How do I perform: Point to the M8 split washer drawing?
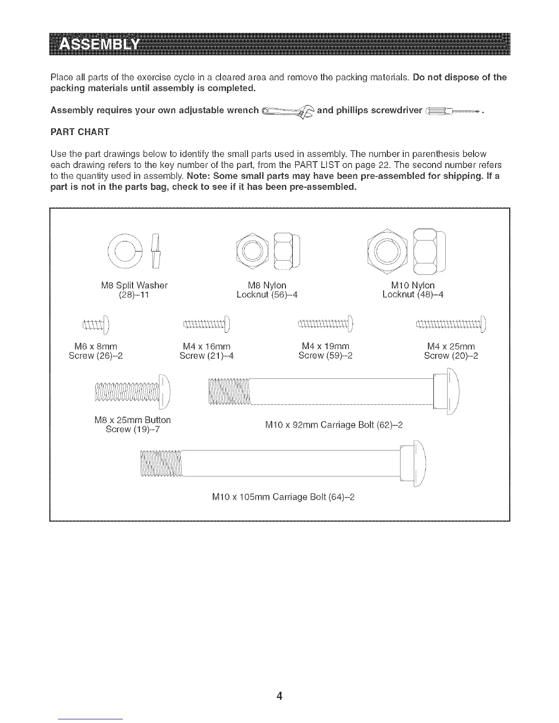pos(137,251)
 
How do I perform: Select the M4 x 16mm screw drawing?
pos(207,325)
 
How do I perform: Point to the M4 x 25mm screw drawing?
pos(452,325)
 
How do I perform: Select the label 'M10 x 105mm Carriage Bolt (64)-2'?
pos(283,497)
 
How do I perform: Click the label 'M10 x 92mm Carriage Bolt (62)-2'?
pos(334,425)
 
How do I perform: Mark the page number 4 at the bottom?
pos(279,696)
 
